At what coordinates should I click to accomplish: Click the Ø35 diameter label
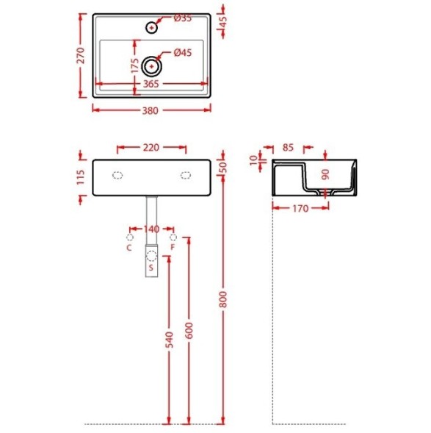pos(183,18)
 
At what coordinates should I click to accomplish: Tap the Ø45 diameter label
pos(183,53)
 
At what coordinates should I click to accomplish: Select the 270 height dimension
pos(81,56)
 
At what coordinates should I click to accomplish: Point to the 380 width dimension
pos(151,111)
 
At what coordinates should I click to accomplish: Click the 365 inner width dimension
pos(151,84)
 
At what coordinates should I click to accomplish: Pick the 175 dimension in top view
pos(135,65)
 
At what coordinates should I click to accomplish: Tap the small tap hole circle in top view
pos(151,28)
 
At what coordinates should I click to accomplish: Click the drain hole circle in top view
pos(151,66)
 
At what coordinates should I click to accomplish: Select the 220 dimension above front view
pos(151,148)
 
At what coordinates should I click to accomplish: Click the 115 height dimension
pos(81,177)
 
